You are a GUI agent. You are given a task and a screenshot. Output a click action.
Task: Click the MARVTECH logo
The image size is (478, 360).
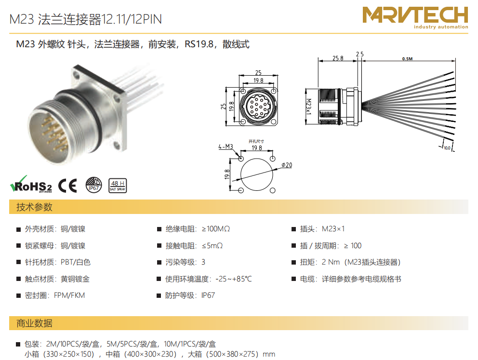[415, 17]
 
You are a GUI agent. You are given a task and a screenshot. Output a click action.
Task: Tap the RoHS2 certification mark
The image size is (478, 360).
[31, 184]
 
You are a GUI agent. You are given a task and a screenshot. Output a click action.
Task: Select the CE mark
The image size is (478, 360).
[67, 186]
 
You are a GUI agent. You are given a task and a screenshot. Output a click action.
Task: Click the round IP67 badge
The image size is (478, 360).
[93, 185]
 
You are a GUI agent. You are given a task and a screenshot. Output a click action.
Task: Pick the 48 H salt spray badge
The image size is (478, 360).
[118, 186]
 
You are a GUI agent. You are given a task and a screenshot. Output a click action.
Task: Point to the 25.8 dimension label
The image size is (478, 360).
[338, 58]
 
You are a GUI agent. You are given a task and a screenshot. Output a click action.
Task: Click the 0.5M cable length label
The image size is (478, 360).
[407, 58]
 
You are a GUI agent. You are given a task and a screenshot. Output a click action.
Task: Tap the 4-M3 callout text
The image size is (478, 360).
[226, 147]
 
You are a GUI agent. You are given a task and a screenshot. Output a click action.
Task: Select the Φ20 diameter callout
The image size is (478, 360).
[287, 165]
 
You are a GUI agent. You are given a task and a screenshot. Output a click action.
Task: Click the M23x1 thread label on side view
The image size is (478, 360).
[308, 107]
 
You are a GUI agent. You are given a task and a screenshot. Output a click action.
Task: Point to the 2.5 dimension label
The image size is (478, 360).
[360, 54]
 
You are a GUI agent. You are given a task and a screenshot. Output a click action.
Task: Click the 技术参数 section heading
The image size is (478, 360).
[34, 207]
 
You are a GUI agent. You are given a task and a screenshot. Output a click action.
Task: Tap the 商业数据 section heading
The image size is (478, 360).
[34, 323]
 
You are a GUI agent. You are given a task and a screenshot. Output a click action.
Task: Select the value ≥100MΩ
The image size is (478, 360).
[215, 228]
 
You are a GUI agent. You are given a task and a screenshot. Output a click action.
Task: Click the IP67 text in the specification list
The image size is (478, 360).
[208, 295]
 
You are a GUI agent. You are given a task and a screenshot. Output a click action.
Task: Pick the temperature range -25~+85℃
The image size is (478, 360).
[234, 279]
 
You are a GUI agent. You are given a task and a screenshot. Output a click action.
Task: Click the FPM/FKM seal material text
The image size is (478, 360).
[69, 295]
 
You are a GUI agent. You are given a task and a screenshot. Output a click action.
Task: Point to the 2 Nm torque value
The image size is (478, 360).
[331, 262]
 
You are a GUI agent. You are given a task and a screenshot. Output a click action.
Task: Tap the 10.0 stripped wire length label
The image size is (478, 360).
[447, 148]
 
